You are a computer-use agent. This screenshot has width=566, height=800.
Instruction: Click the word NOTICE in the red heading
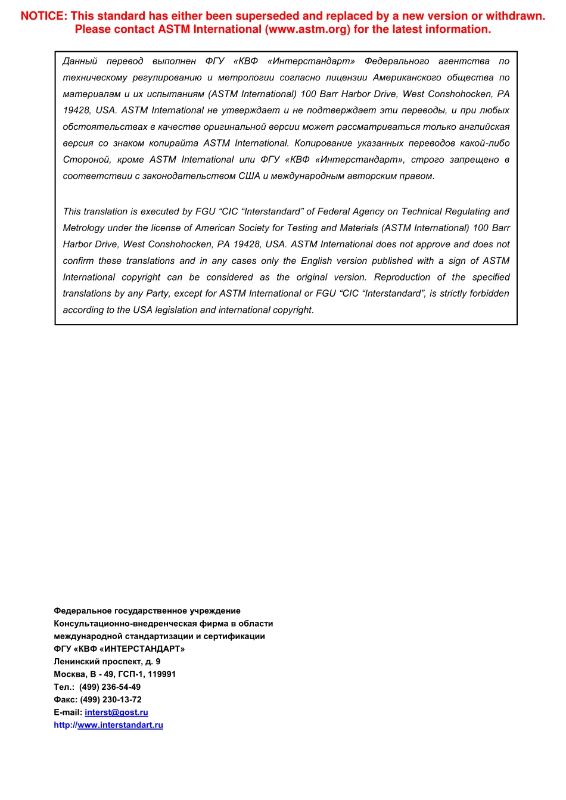(x=43, y=16)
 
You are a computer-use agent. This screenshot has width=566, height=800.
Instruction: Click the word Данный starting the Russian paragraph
(x=80, y=61)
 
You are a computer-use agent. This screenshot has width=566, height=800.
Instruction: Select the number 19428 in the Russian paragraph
(x=76, y=111)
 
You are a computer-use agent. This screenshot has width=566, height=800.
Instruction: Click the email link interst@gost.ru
(x=116, y=712)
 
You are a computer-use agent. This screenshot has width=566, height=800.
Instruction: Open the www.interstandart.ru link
(x=120, y=725)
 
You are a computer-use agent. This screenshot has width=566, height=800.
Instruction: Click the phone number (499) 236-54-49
(x=110, y=687)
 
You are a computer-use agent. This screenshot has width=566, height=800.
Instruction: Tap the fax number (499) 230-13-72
(x=111, y=700)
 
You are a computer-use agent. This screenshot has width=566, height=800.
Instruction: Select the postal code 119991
(x=162, y=674)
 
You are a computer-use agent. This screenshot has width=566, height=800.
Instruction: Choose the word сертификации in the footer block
(x=234, y=636)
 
